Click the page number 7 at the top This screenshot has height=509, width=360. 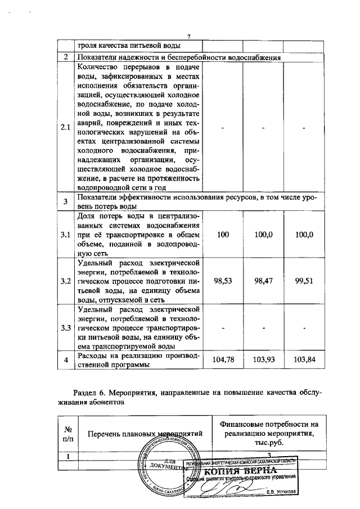190,37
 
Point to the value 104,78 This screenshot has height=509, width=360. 223,359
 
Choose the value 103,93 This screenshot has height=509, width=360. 263,359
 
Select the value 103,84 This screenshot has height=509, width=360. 303,359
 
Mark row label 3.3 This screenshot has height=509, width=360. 66,327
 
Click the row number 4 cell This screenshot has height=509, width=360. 66,359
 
